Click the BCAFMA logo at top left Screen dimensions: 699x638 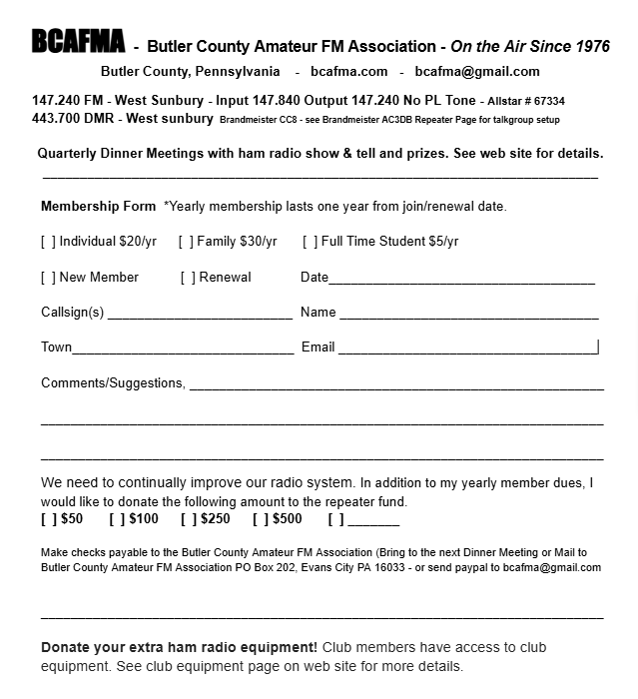[x=78, y=42]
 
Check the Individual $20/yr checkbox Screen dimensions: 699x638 [x=48, y=242]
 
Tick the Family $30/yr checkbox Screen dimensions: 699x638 [x=186, y=242]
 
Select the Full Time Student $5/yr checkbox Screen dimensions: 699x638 [x=311, y=242]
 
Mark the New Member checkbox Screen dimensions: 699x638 [x=48, y=278]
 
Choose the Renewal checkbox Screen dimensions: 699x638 [x=188, y=278]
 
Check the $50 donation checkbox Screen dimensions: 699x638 [x=49, y=519]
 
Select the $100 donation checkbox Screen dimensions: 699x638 [x=117, y=519]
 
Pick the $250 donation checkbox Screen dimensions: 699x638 [x=189, y=519]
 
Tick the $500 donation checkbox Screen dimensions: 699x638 [x=261, y=519]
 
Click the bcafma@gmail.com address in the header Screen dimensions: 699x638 [x=477, y=72]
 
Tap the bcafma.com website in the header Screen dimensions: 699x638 [x=348, y=72]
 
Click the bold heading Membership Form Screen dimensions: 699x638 [x=98, y=207]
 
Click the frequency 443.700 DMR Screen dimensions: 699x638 [x=74, y=119]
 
